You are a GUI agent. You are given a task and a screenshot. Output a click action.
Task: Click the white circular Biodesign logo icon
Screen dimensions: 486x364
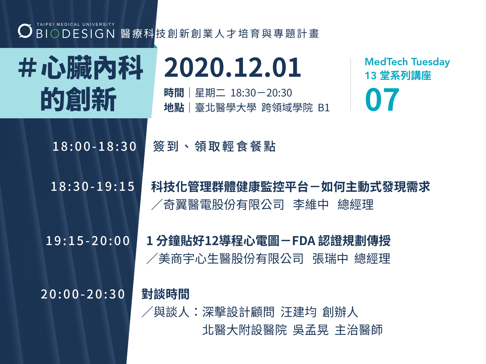click(x=25, y=31)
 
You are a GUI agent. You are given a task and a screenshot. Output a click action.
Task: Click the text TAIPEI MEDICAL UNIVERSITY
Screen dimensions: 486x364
click(x=76, y=24)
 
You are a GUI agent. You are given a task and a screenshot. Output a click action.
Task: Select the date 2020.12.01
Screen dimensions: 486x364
click(x=232, y=67)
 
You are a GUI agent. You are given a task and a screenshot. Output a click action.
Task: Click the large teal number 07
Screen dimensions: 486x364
click(x=382, y=100)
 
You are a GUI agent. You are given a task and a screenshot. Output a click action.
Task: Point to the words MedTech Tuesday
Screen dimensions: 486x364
click(x=407, y=62)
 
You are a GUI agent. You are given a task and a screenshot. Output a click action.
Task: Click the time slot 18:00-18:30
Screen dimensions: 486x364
click(x=94, y=147)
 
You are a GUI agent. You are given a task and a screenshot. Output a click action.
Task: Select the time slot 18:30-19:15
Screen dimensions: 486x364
click(x=93, y=187)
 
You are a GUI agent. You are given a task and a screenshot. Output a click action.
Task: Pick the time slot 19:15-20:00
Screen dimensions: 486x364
click(x=88, y=241)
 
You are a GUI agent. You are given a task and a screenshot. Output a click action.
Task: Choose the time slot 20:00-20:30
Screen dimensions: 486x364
click(x=83, y=294)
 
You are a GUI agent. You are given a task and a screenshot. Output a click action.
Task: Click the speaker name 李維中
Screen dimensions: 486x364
click(x=311, y=204)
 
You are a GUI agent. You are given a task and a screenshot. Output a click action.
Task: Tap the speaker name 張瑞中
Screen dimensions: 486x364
click(x=330, y=258)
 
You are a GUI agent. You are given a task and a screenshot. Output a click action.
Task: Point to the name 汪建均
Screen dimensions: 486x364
click(x=299, y=312)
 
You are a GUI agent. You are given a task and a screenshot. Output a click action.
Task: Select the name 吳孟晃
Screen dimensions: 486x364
click(x=310, y=330)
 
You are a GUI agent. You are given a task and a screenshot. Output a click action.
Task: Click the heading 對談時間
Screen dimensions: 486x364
click(x=166, y=294)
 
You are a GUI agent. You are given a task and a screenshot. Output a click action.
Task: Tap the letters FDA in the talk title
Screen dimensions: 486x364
click(x=304, y=241)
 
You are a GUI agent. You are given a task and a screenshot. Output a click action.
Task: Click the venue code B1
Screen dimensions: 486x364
click(x=324, y=108)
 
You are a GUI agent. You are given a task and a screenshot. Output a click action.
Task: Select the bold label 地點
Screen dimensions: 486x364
click(x=174, y=108)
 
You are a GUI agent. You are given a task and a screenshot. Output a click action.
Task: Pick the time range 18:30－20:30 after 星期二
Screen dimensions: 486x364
click(x=261, y=93)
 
